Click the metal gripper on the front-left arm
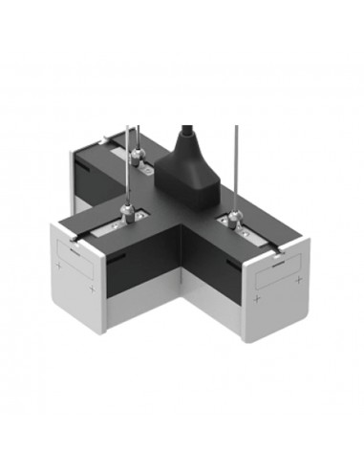click(x=125, y=208)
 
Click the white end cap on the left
click(x=80, y=277)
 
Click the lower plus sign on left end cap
click(x=92, y=288)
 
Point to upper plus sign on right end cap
click(x=299, y=278)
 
